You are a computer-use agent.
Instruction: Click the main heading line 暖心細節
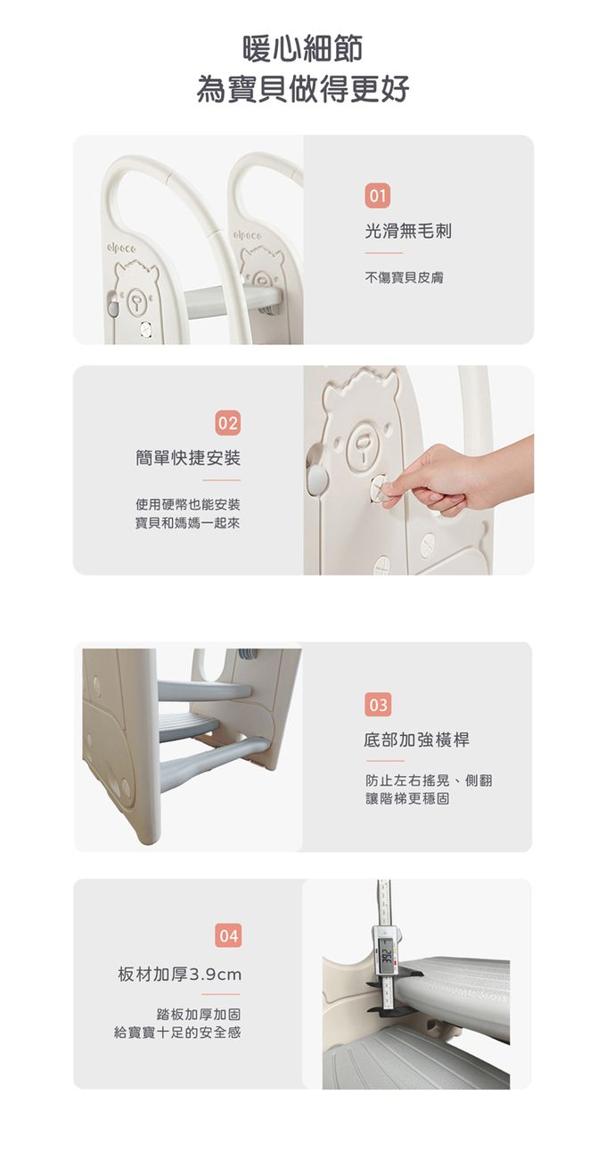[302, 49]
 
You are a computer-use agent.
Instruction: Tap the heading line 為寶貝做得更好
[302, 89]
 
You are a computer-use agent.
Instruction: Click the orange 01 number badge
[378, 195]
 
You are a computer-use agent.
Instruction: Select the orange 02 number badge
[227, 422]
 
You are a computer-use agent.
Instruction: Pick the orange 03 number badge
[378, 705]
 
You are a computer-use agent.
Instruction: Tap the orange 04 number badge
[228, 935]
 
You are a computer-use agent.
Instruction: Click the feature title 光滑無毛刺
[408, 232]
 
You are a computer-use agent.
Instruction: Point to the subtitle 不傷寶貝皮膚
[404, 278]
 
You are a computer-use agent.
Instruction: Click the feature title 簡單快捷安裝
[188, 458]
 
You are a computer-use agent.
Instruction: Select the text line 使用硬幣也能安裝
[188, 504]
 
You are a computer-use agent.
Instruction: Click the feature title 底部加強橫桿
[417, 740]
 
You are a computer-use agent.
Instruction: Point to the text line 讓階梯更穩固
[407, 798]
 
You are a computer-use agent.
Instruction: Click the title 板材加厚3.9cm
[179, 974]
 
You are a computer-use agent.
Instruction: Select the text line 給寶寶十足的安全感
[177, 1033]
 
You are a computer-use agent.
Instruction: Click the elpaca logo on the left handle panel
[121, 249]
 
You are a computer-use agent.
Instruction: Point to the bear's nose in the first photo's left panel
[136, 300]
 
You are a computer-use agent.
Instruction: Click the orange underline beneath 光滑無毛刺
[384, 253]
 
